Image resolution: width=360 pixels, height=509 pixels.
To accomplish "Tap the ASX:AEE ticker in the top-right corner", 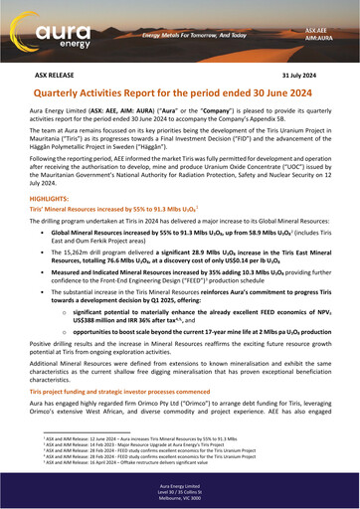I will pyautogui.click(x=318, y=32).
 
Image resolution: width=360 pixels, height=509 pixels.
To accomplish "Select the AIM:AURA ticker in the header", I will pyautogui.click(x=318, y=42).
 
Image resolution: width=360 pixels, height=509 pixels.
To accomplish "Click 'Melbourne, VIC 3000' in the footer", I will pyautogui.click(x=180, y=502).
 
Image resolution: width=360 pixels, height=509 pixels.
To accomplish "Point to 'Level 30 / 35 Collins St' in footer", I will pyautogui.click(x=180, y=496).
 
